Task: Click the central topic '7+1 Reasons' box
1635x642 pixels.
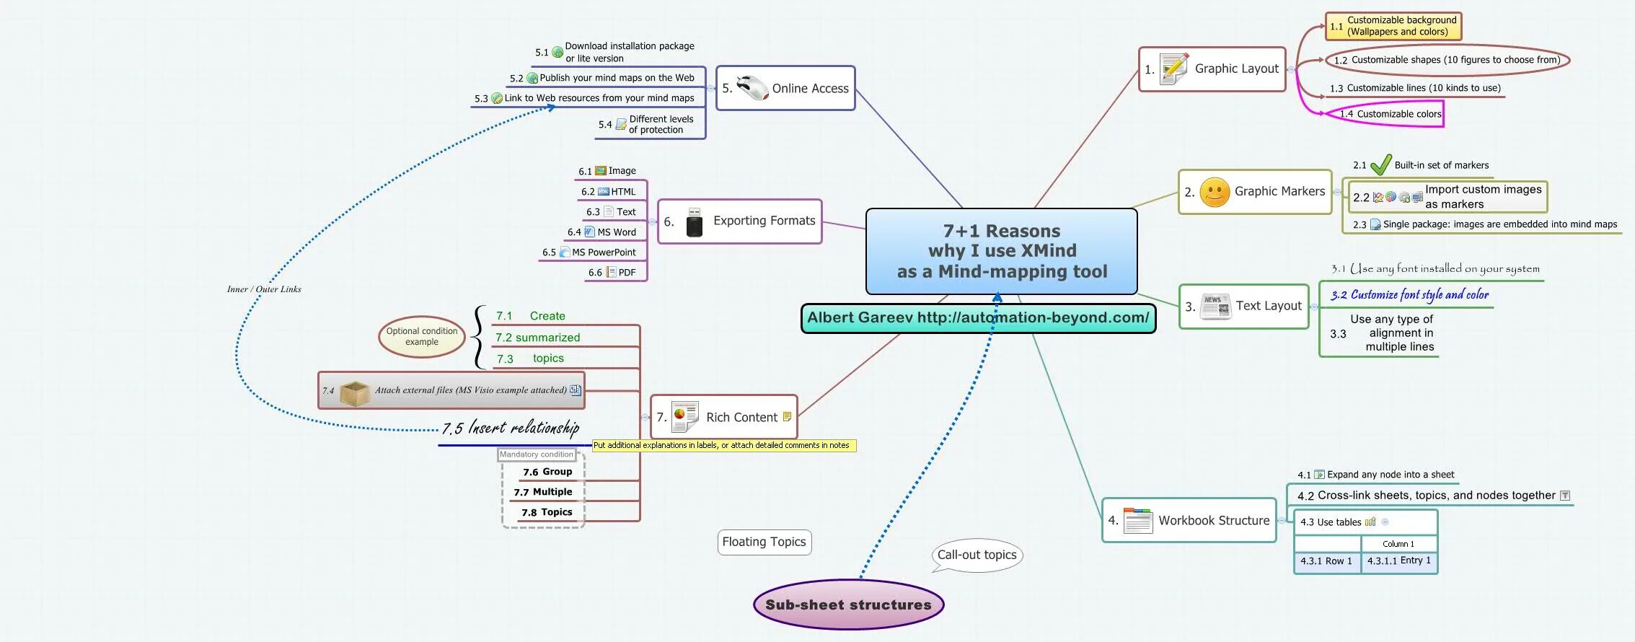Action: click(x=1001, y=251)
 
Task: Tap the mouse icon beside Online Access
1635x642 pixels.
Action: click(x=752, y=88)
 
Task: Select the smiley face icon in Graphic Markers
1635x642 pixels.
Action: click(x=1215, y=192)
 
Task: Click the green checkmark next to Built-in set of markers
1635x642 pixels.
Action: click(x=1380, y=165)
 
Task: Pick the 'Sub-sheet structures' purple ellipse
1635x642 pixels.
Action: click(x=848, y=604)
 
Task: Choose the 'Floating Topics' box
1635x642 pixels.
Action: click(x=764, y=542)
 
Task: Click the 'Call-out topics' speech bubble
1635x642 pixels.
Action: click(x=977, y=555)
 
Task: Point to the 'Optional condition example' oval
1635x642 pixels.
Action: click(x=422, y=337)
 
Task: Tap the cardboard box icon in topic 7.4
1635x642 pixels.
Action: click(x=354, y=392)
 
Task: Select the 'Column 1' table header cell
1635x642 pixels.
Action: click(x=1398, y=544)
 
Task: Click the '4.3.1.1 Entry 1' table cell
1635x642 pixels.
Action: click(x=1398, y=560)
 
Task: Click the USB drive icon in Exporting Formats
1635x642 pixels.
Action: click(x=694, y=222)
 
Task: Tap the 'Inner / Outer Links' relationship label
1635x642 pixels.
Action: click(x=264, y=289)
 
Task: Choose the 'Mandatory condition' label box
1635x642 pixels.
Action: click(x=537, y=454)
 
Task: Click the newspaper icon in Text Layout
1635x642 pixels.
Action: click(x=1215, y=307)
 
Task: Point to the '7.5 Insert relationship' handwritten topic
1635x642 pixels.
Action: click(x=511, y=428)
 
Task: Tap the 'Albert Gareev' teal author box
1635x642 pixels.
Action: click(x=978, y=318)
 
